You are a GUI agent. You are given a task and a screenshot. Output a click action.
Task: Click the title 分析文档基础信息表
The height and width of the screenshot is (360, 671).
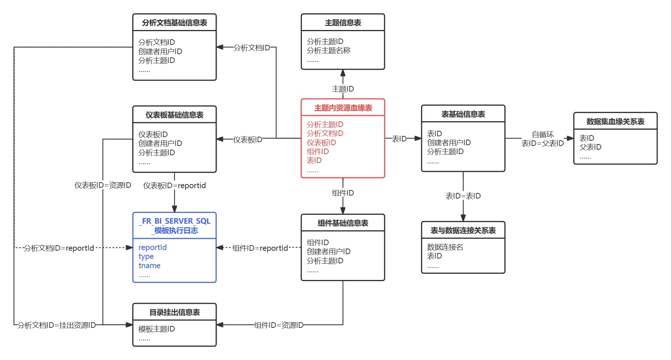click(x=174, y=23)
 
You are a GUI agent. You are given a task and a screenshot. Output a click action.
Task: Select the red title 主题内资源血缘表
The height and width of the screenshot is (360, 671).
click(x=343, y=108)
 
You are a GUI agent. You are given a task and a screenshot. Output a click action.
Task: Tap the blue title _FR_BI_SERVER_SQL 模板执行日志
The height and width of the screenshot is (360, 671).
click(x=175, y=226)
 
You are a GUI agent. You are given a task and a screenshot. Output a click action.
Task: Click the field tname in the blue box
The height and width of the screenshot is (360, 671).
click(x=149, y=266)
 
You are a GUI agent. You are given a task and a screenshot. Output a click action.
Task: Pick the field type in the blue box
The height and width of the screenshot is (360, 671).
click(x=146, y=256)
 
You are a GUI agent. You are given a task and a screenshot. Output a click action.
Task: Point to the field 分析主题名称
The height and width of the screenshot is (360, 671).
click(x=328, y=50)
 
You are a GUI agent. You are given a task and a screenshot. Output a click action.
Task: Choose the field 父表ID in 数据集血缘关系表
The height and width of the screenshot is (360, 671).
click(x=590, y=147)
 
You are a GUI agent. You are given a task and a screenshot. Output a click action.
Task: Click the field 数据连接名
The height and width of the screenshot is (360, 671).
click(x=445, y=247)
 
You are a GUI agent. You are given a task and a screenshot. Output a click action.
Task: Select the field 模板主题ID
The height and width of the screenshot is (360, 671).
click(x=156, y=329)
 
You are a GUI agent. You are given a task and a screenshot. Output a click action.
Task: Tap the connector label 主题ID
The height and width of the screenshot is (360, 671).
click(x=343, y=89)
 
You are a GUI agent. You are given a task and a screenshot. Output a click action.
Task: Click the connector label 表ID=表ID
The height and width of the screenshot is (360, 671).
click(x=463, y=196)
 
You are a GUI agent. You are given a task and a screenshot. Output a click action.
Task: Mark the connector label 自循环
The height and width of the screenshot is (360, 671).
click(x=542, y=134)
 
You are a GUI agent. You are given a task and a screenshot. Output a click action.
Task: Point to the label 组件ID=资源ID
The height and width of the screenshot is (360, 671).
click(x=279, y=325)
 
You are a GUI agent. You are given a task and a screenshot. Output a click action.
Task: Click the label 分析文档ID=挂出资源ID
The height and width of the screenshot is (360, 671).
click(x=56, y=325)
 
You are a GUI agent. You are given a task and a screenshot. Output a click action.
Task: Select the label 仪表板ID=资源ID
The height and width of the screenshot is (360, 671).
click(x=103, y=185)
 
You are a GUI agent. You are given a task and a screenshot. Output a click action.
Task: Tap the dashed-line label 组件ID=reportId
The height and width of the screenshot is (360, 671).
click(x=260, y=248)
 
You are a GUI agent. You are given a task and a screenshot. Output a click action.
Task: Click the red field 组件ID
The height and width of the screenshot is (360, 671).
click(x=318, y=151)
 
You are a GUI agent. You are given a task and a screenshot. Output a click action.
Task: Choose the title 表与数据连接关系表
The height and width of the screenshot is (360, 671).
click(x=463, y=230)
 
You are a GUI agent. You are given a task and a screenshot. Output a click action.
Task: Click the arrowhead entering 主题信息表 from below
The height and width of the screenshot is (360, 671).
click(x=343, y=73)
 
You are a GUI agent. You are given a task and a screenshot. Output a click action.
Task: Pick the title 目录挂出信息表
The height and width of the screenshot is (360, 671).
click(x=174, y=312)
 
